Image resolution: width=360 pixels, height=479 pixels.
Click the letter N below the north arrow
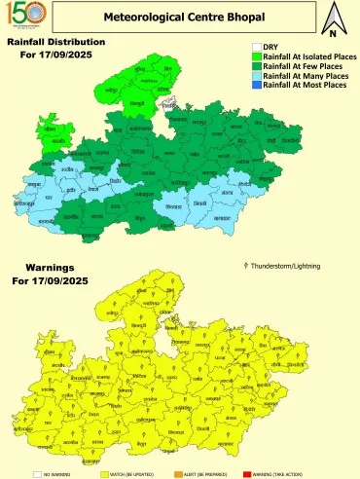[x=333, y=34]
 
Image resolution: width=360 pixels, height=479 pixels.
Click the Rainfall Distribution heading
[x=55, y=42]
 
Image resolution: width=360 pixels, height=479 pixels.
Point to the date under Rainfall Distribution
[x=54, y=55]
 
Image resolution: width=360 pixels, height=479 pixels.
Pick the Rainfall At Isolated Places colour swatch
[x=257, y=57]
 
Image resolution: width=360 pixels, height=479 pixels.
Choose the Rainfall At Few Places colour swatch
[x=257, y=67]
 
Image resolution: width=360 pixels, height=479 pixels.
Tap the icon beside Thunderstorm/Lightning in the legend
[x=244, y=265]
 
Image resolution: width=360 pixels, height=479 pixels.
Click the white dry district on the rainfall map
[x=172, y=104]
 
